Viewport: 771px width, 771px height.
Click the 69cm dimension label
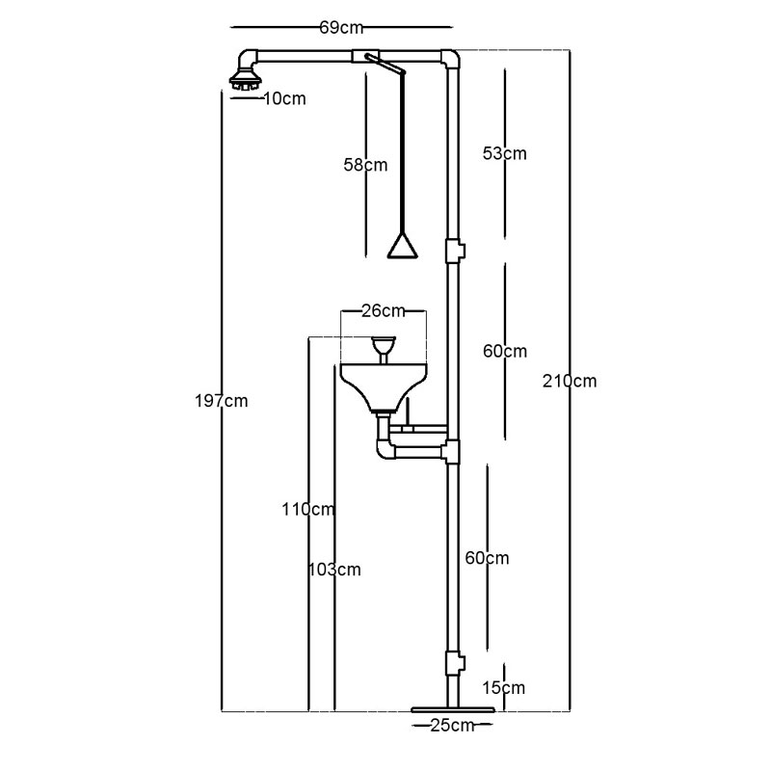point(341,28)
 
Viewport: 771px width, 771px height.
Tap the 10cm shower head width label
point(284,99)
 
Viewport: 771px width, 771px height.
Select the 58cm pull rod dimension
point(365,165)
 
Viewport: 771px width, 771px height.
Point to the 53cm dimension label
point(504,153)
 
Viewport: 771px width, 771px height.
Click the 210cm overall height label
point(570,381)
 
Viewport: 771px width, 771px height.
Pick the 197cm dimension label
point(222,401)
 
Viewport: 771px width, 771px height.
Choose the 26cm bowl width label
point(384,310)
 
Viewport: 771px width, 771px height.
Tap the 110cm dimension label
point(308,510)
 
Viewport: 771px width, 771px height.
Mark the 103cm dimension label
point(334,570)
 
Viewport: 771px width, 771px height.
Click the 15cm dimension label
point(503,687)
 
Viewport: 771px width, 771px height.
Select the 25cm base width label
point(452,726)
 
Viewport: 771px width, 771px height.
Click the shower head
point(246,81)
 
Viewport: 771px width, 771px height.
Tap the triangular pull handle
point(403,247)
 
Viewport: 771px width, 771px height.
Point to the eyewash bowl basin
point(384,386)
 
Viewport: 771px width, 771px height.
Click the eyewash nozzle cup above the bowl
point(384,346)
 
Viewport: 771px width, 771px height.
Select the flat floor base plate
point(452,709)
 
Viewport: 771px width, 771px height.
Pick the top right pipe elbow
point(450,59)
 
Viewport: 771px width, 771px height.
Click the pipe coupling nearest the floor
point(454,663)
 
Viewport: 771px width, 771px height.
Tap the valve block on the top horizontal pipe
point(366,56)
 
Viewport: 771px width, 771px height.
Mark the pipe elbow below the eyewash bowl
point(386,449)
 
